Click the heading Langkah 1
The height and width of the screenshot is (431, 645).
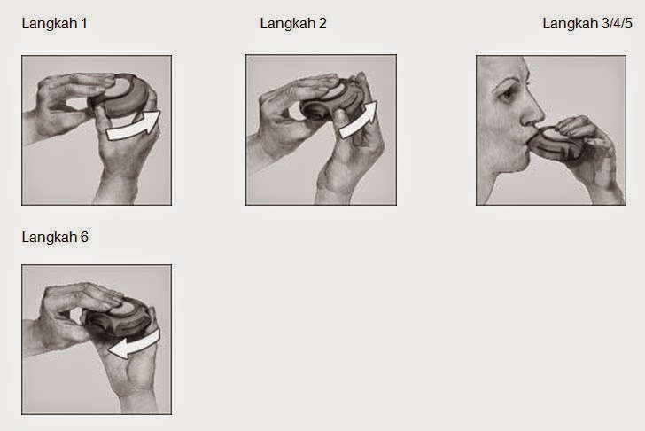(54, 23)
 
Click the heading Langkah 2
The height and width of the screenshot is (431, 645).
(293, 23)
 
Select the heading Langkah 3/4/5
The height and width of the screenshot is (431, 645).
(587, 23)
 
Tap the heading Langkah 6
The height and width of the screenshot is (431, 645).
(55, 237)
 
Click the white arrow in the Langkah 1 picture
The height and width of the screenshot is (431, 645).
(134, 127)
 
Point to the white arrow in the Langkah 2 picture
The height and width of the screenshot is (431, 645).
(359, 121)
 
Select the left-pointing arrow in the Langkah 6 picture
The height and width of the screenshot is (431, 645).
(134, 345)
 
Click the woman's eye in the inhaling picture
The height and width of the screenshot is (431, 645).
(505, 94)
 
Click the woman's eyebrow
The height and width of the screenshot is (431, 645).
(508, 80)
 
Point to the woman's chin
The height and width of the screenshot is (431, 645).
(515, 166)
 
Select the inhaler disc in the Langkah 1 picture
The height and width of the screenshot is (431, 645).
(121, 96)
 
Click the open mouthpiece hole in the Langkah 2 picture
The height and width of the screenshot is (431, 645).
(315, 112)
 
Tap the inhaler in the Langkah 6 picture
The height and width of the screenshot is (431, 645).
(117, 317)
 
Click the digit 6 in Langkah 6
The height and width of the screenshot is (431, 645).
(84, 237)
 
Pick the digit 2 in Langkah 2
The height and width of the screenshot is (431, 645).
(322, 23)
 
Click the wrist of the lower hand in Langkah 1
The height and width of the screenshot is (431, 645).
(115, 190)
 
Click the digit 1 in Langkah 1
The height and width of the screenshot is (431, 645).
(84, 23)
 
